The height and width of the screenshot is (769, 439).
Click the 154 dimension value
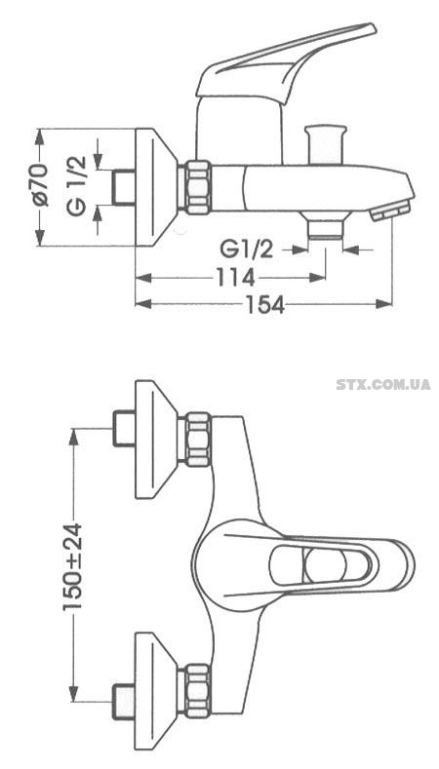click(x=265, y=305)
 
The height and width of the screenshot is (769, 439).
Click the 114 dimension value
click(x=235, y=278)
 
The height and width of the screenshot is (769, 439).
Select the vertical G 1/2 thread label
click(x=77, y=186)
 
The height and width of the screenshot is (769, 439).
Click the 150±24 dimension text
click(x=73, y=566)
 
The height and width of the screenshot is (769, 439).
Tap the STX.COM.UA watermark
click(x=383, y=384)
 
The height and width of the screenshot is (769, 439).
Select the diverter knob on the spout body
click(x=326, y=144)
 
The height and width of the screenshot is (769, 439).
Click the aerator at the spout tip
click(x=391, y=211)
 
